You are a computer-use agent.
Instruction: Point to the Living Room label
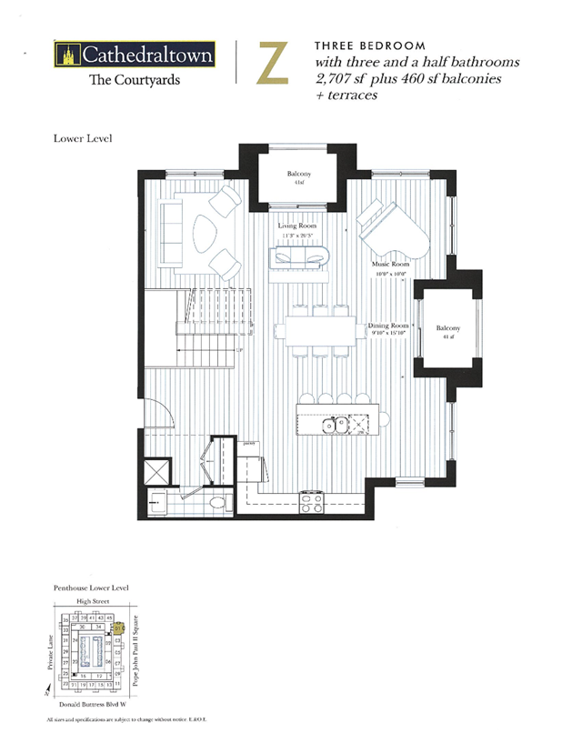297,226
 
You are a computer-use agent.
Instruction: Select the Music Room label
391,264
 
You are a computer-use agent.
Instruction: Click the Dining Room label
391,326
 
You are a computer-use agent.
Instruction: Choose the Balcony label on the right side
447,328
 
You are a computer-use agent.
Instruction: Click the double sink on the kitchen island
334,423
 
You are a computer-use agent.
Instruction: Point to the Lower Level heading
83,139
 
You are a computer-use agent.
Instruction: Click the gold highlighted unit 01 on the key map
117,627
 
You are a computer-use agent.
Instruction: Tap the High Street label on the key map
93,602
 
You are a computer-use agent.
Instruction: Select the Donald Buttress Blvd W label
95,705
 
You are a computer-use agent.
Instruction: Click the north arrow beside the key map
46,693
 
